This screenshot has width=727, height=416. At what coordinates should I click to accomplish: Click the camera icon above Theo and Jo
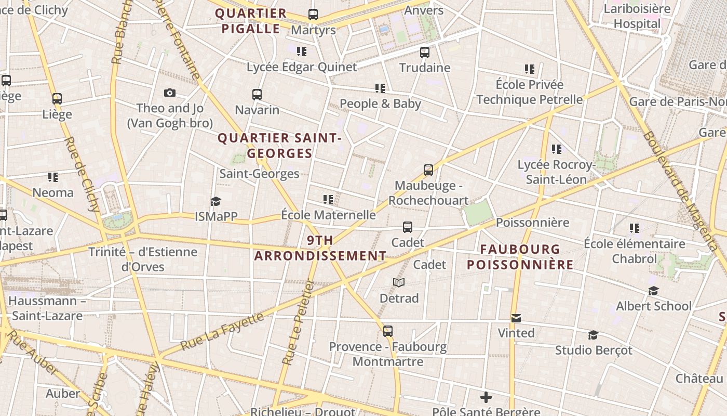click(170, 93)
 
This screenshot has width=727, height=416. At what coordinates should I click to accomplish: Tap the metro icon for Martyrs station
click(313, 15)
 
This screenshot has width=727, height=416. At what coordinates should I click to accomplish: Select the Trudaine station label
click(424, 68)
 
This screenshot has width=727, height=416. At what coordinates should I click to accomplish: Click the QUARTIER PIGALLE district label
click(251, 21)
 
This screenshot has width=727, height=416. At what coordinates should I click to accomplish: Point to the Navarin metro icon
click(257, 95)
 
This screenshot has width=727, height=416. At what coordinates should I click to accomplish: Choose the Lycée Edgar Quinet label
click(302, 67)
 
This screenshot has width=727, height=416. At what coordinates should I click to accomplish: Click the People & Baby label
click(380, 103)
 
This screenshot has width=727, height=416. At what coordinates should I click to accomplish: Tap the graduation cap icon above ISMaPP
click(216, 202)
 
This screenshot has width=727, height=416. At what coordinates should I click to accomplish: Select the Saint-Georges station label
click(259, 174)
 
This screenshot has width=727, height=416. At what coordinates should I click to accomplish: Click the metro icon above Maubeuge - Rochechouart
click(428, 170)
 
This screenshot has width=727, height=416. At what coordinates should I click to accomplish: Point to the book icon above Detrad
click(399, 283)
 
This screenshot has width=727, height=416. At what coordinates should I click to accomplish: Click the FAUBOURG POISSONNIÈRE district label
click(520, 257)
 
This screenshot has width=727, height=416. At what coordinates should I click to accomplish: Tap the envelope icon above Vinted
click(516, 318)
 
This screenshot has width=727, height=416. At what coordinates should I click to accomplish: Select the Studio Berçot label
click(594, 350)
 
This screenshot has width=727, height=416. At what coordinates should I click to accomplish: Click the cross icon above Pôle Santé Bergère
click(486, 398)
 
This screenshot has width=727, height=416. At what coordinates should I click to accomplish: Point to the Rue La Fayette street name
click(223, 331)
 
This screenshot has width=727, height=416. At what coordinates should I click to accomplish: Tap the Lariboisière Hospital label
click(637, 17)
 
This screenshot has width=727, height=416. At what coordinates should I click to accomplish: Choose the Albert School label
click(653, 306)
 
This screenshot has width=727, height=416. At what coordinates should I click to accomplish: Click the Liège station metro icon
click(57, 99)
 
